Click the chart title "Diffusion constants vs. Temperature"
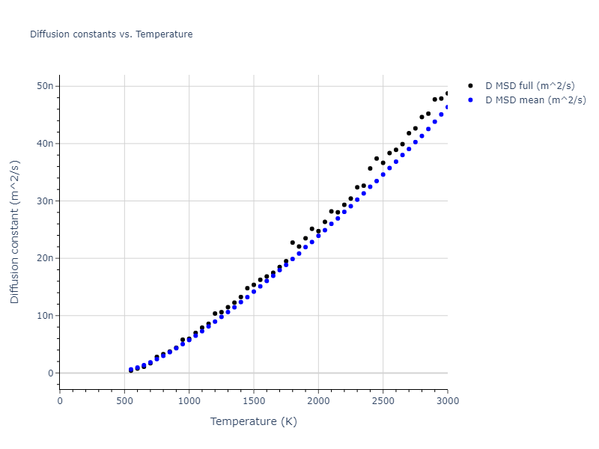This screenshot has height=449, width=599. point(111,34)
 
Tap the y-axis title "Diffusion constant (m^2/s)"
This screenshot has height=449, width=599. point(15,232)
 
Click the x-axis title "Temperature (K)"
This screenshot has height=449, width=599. point(253,421)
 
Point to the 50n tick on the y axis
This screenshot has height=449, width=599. point(45,86)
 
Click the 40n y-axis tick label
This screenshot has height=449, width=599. point(45,144)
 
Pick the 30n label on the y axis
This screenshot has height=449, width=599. point(45,201)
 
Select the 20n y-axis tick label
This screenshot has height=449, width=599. point(45,258)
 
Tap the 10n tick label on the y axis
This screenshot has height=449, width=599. point(45,316)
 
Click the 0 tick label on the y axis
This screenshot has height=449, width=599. point(49,373)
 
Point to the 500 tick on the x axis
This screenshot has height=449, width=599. point(124,400)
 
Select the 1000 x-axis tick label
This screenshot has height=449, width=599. point(189,400)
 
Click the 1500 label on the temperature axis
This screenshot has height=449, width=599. point(254,400)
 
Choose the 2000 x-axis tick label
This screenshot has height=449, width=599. point(318,400)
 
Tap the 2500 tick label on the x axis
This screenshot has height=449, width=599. point(383,400)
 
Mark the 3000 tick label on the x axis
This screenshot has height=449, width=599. point(447,400)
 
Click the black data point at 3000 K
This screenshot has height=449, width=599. point(447,94)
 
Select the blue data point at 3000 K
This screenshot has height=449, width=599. point(447,107)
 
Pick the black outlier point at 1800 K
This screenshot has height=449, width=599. point(292,242)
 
